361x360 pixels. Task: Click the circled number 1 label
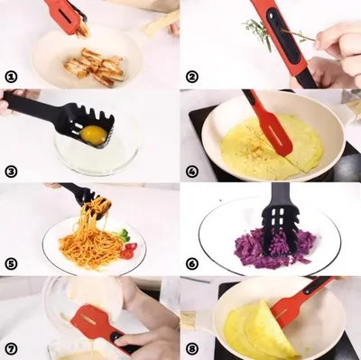tap(11, 77)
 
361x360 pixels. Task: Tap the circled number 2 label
tap(192, 77)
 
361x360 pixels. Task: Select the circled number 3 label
tap(11, 171)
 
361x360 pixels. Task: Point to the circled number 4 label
tap(192, 171)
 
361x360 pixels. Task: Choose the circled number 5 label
tap(11, 264)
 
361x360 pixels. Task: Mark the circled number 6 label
tap(192, 264)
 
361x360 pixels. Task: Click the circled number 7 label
tap(11, 349)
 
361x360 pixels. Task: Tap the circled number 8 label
tap(192, 349)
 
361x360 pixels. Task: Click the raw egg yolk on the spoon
tap(94, 134)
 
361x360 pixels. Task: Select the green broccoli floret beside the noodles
tap(122, 234)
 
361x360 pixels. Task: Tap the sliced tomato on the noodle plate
tap(129, 251)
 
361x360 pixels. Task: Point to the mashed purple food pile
tap(273, 248)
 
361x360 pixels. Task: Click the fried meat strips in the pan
tap(96, 67)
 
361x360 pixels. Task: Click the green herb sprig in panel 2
tap(261, 33)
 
